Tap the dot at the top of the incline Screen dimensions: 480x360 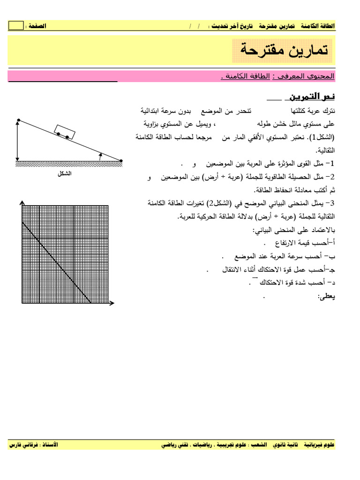18,120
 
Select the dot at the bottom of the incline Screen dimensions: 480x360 121,161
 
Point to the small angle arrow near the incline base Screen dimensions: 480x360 100,156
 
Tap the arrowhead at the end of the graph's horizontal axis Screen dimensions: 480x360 112,304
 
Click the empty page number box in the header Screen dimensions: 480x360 16,26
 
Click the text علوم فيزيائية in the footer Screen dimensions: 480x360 320,444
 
